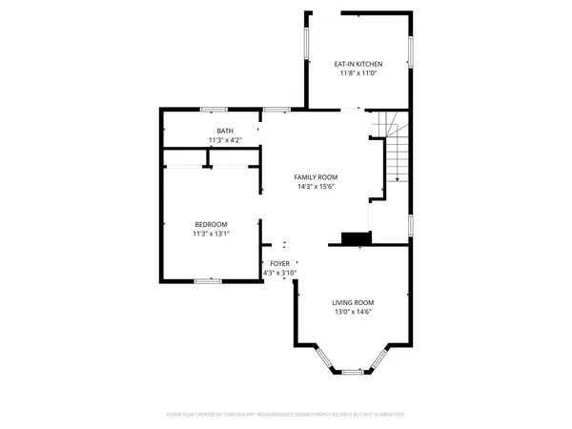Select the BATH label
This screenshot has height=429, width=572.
(x=224, y=131)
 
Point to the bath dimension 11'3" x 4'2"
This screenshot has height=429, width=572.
(x=224, y=141)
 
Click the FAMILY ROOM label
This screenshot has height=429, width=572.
(x=315, y=177)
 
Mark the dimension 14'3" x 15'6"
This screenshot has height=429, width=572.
(x=315, y=188)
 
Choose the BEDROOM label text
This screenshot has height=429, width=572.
(x=212, y=224)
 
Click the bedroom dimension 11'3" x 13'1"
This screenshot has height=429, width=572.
(x=212, y=235)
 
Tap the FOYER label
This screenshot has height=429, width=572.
(x=279, y=263)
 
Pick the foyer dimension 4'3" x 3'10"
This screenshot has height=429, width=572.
(x=279, y=274)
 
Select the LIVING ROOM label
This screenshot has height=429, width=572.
(x=353, y=301)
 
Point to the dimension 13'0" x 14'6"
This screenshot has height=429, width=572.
(x=353, y=312)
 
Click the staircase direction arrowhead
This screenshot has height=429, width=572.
(x=397, y=178)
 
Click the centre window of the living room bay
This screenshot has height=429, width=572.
(x=353, y=370)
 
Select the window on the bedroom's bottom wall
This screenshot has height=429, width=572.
(x=208, y=280)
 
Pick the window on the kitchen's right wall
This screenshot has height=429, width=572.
(x=412, y=52)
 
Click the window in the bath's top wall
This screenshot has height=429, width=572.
(x=214, y=110)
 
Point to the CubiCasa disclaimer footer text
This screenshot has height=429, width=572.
(x=286, y=415)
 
